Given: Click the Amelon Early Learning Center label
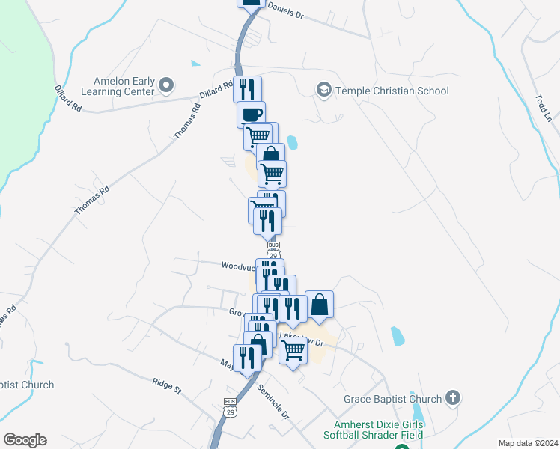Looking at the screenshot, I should click(124, 87).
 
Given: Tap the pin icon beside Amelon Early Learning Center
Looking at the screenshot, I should click(167, 87).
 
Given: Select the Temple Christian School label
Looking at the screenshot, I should click(392, 91).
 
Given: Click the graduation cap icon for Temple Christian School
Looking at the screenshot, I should click(323, 90).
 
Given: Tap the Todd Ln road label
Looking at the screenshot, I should click(542, 109).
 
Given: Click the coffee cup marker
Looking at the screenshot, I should click(251, 114).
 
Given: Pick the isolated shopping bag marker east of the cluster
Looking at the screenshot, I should click(319, 305).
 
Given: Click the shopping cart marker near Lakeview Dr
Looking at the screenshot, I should click(293, 349).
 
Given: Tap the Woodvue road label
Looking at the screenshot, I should click(237, 266).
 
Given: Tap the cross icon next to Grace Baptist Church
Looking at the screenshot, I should click(452, 397).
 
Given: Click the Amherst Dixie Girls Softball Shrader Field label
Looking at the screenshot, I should click(374, 430).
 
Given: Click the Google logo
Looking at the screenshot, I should click(25, 440).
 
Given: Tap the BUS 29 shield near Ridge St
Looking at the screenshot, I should click(230, 406).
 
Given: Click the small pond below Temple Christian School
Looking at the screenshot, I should click(291, 142).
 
